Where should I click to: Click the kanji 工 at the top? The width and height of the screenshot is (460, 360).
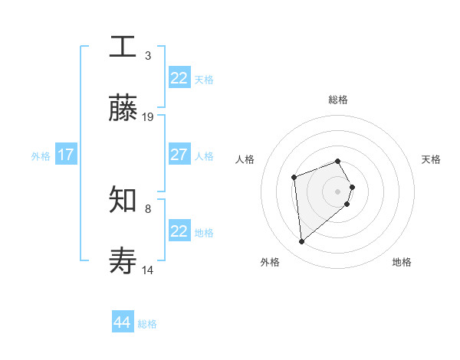(123, 46)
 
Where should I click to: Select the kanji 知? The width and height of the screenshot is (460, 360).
(123, 200)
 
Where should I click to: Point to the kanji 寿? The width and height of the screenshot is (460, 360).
(123, 262)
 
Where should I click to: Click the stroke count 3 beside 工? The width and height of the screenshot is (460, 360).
(148, 55)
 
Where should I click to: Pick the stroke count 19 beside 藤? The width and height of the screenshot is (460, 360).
(148, 117)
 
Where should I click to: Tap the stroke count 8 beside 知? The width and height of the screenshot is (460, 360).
(148, 208)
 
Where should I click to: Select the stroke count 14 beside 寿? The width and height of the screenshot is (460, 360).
(148, 270)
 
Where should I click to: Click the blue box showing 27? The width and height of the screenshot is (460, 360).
(179, 155)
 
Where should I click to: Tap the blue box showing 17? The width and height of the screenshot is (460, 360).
(65, 155)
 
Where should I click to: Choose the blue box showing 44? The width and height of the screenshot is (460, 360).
(122, 322)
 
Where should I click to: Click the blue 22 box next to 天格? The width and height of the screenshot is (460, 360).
(179, 78)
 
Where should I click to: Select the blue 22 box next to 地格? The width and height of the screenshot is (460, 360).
(179, 231)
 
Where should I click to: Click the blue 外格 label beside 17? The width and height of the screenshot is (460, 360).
(41, 155)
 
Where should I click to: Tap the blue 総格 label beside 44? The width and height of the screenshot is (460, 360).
(147, 324)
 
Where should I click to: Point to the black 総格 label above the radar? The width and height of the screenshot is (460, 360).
(338, 100)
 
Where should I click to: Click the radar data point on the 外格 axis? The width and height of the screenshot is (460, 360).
(302, 242)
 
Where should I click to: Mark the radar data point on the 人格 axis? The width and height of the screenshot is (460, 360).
(294, 177)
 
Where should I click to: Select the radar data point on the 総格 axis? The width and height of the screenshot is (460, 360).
(338, 161)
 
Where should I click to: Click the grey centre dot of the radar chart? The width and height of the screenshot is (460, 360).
(338, 191)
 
